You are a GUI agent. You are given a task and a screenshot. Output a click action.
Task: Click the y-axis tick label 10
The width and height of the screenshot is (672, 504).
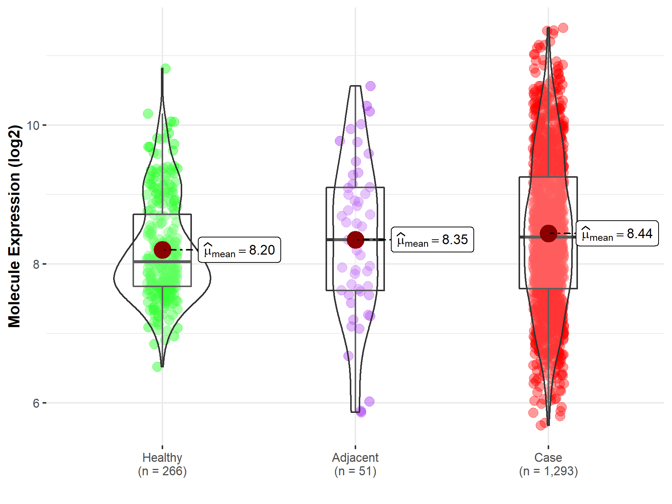coord(33,125)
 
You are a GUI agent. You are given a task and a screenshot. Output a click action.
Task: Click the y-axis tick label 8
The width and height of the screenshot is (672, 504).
coord(36,264)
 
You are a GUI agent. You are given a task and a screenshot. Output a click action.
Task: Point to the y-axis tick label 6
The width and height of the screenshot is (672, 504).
coord(36,403)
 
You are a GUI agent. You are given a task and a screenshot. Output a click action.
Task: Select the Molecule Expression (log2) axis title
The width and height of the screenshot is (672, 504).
coord(14,226)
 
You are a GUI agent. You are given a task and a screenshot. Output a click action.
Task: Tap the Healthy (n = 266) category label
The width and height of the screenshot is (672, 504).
coord(162,464)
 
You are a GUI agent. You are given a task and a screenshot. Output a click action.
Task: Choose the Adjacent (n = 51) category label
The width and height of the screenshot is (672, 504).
coord(355,464)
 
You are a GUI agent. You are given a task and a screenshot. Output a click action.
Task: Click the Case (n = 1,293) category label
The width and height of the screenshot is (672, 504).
coord(548,464)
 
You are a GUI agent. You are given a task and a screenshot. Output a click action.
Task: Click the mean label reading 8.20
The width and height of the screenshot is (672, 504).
coord(239,250)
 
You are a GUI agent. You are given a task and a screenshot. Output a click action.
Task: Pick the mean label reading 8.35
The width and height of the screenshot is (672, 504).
coord(432,240)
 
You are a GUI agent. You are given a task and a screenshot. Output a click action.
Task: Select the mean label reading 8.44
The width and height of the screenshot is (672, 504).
coord(617,233)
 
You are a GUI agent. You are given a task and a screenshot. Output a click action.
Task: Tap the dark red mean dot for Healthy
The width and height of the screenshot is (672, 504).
coord(162,250)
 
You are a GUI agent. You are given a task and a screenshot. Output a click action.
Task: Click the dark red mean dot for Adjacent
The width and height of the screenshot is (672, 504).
coord(355,240)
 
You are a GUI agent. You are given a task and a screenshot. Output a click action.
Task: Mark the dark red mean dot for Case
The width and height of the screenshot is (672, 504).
coord(548,233)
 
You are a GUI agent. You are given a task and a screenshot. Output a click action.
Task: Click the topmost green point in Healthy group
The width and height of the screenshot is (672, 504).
coord(165,68)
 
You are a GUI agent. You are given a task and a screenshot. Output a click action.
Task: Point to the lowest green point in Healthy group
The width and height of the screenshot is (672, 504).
coord(157,367)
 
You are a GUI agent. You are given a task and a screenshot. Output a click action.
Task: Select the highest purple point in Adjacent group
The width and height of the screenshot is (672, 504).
coord(370,86)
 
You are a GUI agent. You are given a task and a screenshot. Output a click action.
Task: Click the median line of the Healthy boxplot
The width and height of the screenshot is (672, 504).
coord(162,262)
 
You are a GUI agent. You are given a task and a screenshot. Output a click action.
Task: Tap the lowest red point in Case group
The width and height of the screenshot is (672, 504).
coord(541,425)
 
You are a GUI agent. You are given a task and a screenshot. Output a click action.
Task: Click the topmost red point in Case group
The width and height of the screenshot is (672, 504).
coord(563,28)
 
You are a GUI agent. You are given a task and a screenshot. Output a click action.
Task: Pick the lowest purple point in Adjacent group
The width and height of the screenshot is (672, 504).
coord(361,412)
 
